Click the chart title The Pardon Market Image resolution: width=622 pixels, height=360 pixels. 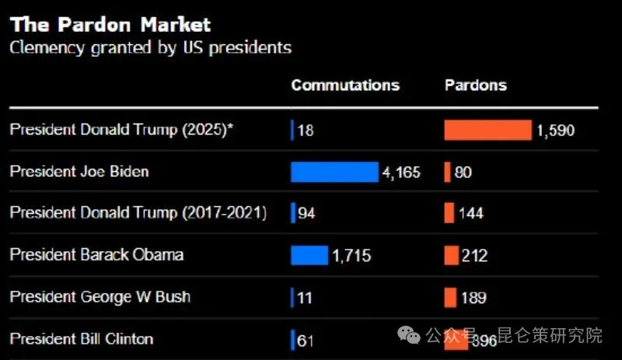110,24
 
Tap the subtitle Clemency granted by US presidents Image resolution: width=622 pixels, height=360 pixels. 150,47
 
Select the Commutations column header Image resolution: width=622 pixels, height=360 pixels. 345,86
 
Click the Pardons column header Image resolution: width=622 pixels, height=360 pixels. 475,86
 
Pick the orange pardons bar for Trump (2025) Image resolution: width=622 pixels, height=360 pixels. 487,130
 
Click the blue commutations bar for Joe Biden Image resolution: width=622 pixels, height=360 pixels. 334,172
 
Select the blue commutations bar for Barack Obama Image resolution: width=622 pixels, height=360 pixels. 309,255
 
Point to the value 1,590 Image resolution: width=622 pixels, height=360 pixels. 555,131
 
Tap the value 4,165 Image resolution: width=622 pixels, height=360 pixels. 400,172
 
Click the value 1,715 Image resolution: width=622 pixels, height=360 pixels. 351,256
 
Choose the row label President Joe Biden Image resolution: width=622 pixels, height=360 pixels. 79,171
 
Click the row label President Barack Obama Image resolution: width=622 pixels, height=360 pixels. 96,255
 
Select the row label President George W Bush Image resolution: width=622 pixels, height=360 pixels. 100,297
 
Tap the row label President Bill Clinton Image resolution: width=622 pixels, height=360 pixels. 82,339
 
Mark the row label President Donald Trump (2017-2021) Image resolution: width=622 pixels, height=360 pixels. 138,213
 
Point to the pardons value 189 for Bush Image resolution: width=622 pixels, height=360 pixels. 473,298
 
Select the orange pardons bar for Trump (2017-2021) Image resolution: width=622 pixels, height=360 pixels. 449,213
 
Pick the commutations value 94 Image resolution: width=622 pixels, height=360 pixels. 306,214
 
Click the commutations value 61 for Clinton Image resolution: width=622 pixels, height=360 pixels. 306,340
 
